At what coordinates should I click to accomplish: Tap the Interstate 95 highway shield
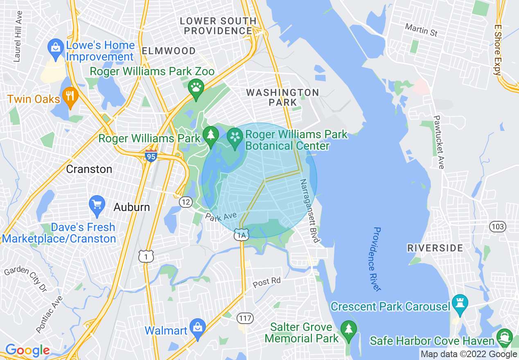151,155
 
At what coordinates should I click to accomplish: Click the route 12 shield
185,202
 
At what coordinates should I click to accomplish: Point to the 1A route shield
241,235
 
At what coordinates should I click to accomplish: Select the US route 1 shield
146,256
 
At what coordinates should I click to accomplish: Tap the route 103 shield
498,226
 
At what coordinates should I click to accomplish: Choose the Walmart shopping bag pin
198,328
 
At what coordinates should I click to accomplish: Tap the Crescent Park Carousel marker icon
460,304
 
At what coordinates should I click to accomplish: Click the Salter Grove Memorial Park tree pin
349,330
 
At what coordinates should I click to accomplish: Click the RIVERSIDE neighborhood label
435,248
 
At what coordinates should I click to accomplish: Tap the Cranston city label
89,169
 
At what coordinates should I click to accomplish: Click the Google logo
27,351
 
